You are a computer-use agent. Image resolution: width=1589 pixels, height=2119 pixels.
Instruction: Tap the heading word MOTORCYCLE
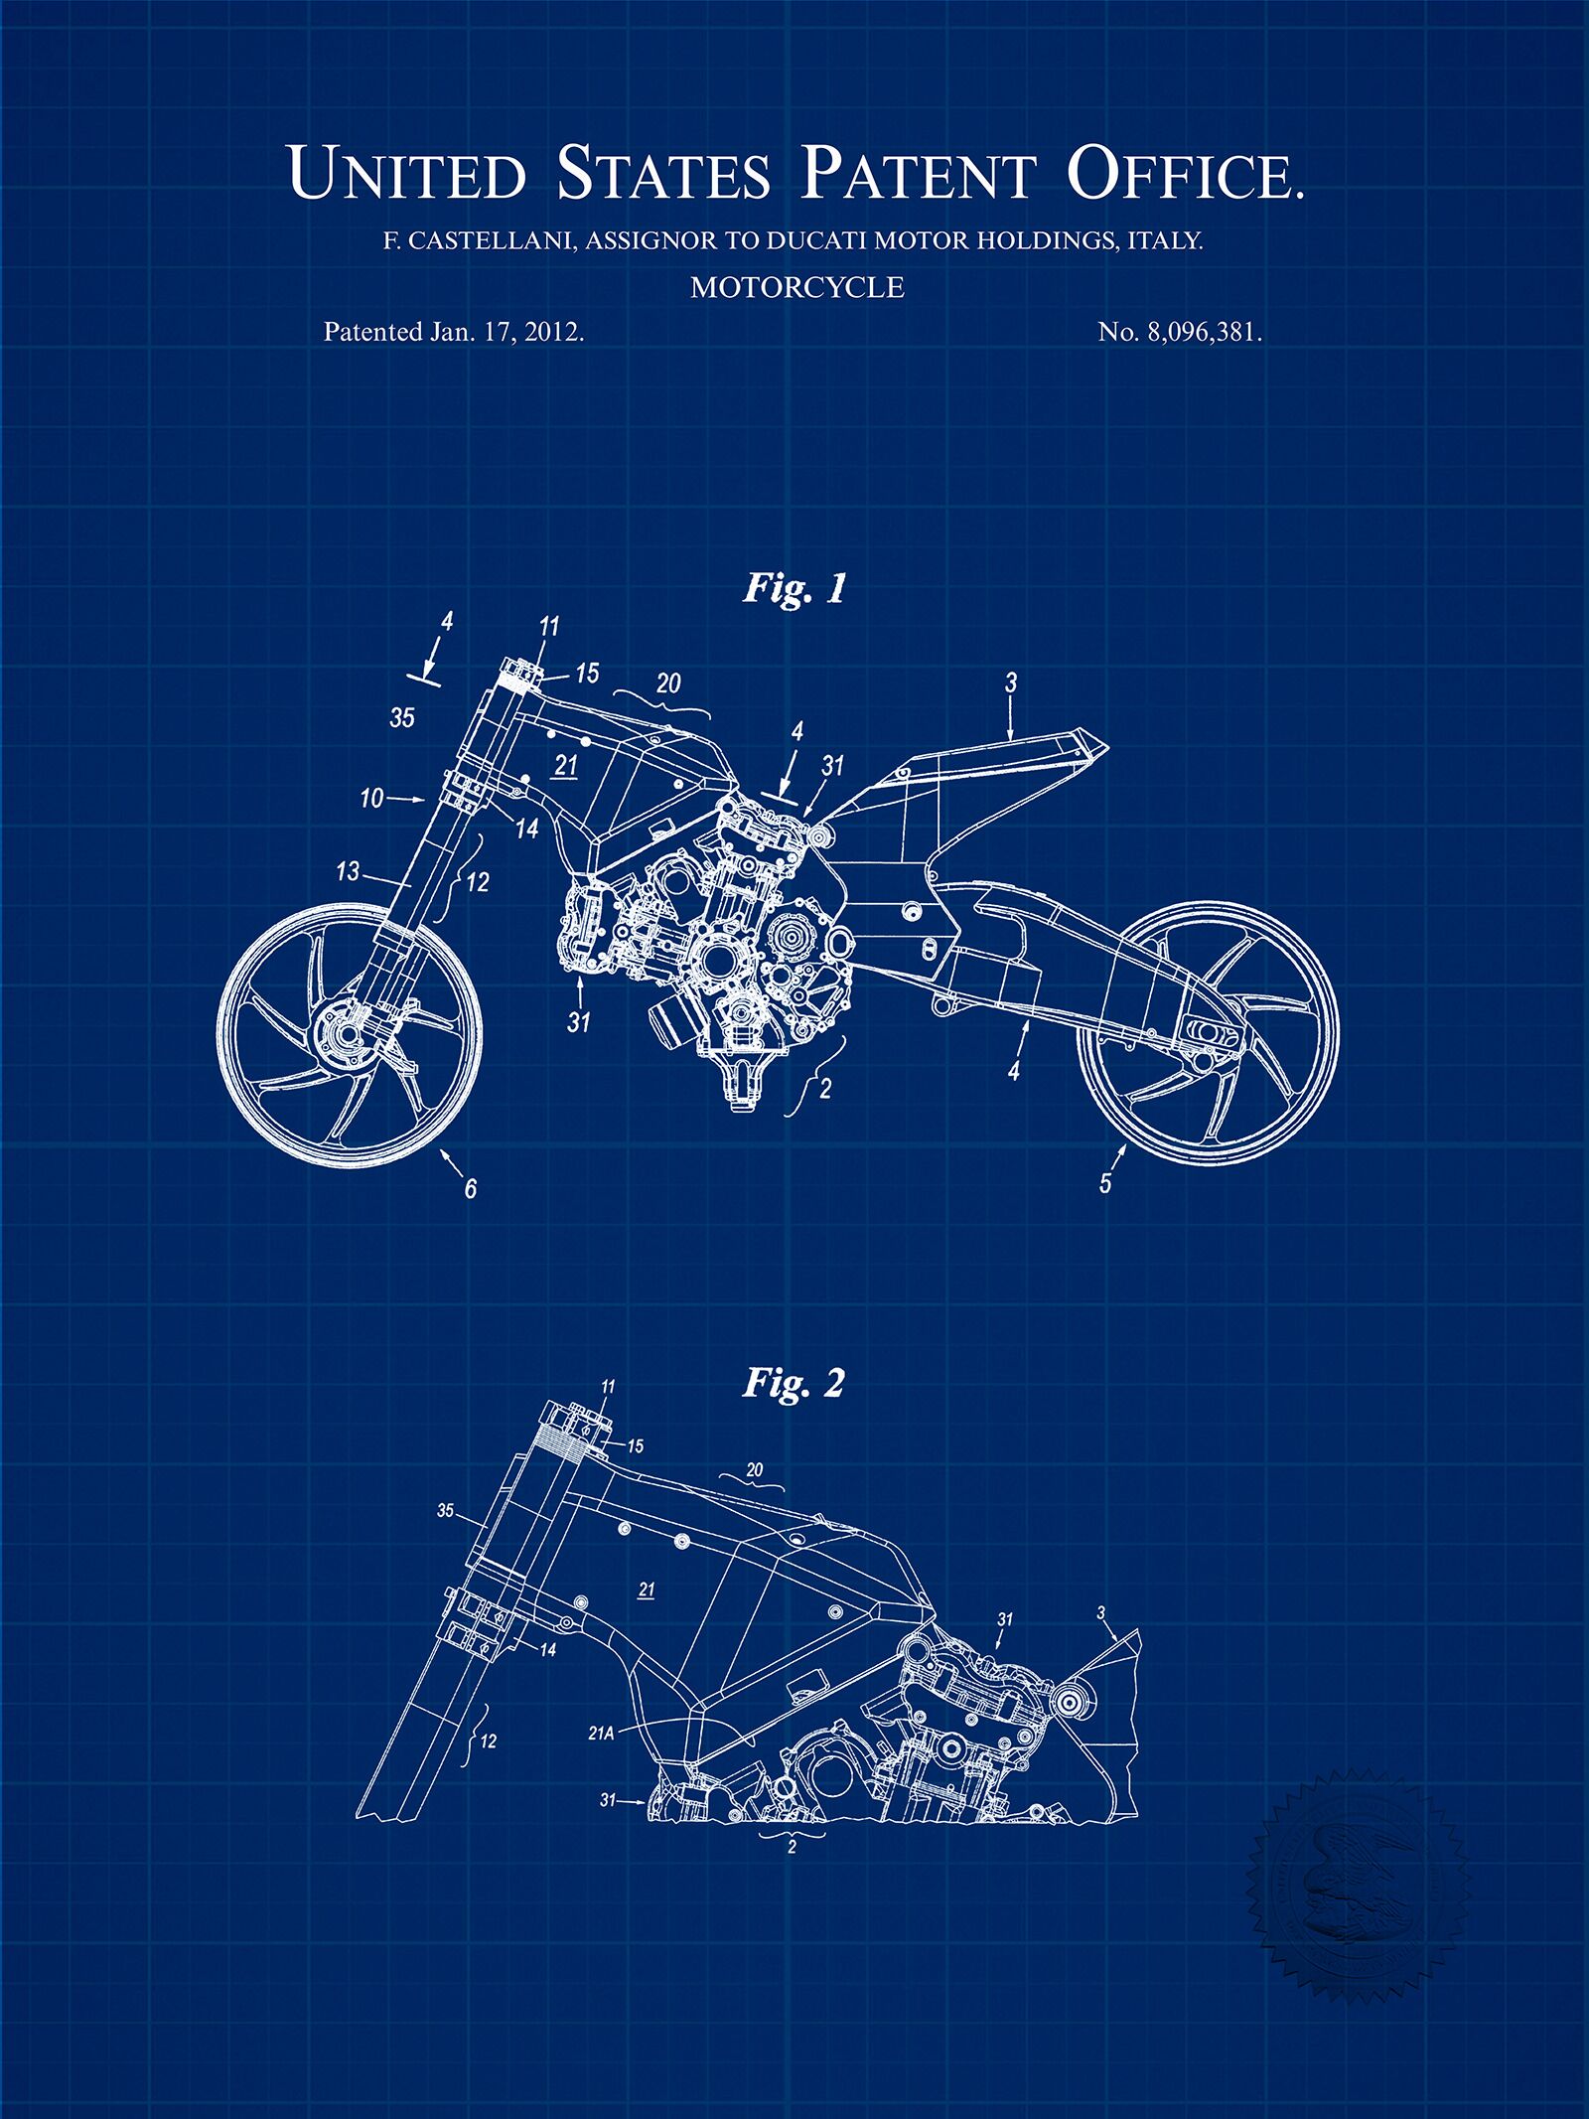coord(797,287)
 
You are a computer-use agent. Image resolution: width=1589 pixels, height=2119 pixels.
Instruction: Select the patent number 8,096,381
coord(1204,333)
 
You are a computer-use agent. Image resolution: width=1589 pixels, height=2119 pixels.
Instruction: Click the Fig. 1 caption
coord(794,589)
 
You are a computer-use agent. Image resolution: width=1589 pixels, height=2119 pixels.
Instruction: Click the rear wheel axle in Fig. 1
coord(1209,1033)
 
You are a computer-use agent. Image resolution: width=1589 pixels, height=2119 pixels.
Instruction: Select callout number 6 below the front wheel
coord(471,1187)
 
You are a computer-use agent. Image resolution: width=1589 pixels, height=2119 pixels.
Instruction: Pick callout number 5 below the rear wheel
coord(1104,1183)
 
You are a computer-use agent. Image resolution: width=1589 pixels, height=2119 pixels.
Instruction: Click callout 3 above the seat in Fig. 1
coord(1011,682)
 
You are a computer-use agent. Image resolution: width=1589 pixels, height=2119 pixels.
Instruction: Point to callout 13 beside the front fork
coord(348,871)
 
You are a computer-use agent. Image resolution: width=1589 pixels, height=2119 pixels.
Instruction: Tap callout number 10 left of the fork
coord(371,797)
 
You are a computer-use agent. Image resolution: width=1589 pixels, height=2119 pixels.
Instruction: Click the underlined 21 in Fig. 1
coord(566,765)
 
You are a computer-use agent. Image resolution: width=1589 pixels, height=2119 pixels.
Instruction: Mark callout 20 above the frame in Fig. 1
coord(668,682)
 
